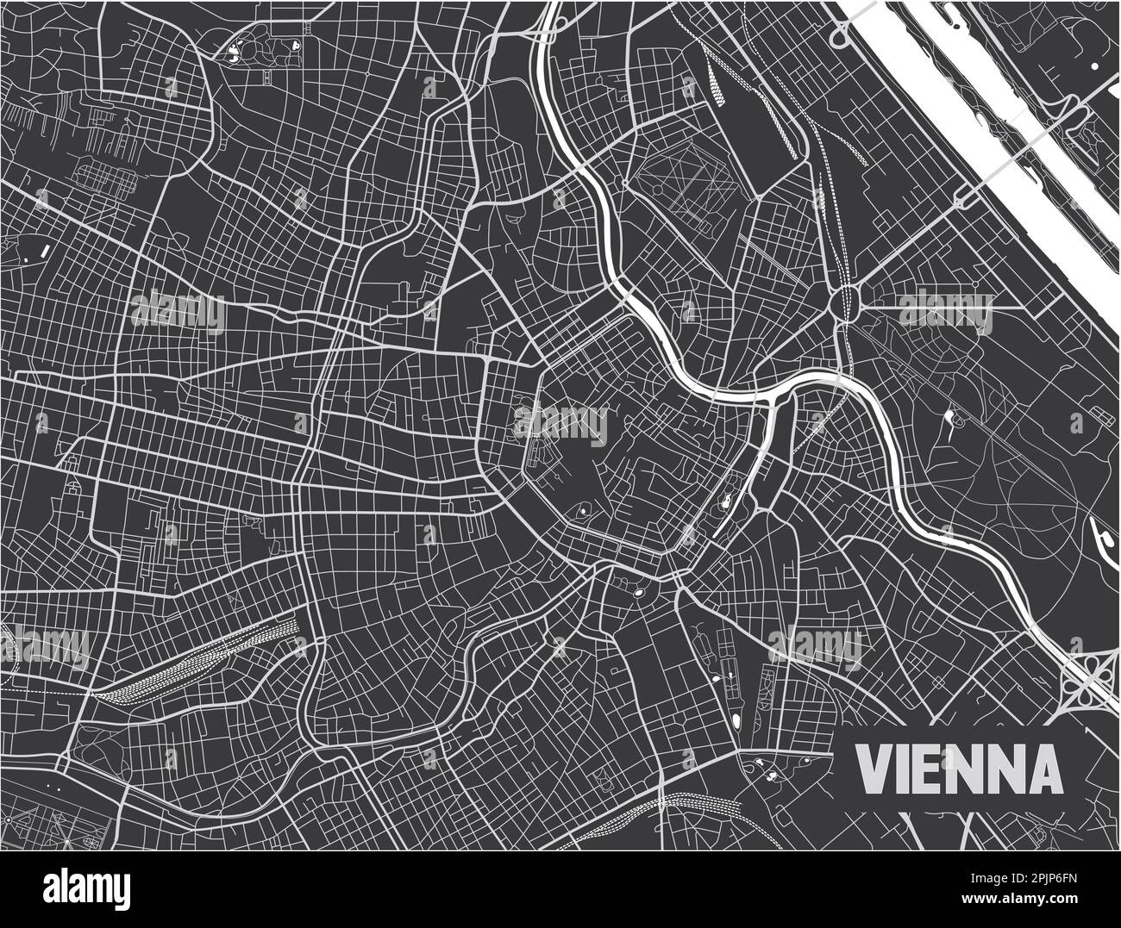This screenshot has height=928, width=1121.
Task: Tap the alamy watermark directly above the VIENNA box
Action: click(x=814, y=645)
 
